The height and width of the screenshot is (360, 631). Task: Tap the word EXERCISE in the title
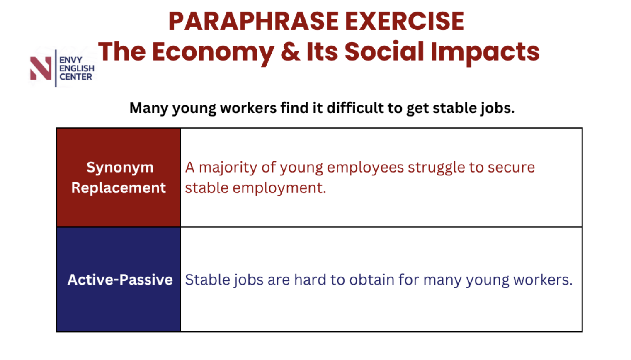405,21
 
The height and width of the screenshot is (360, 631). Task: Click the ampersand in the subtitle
290,51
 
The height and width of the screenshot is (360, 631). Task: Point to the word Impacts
485,53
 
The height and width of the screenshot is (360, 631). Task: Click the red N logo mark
41,68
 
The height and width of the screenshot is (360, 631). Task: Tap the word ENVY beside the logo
71,60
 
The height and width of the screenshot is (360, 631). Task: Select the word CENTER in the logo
76,77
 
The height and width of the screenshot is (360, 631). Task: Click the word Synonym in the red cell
120,168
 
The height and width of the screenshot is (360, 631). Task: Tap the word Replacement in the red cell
119,188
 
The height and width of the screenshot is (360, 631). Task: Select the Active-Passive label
120,280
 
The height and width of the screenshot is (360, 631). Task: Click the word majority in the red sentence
228,168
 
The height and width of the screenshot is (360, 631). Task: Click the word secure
511,168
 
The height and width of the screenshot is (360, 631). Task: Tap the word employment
279,188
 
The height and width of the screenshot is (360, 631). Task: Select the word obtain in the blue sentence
371,280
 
